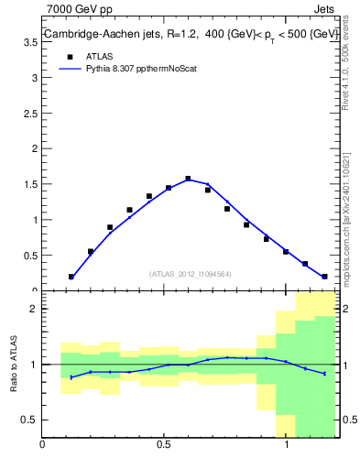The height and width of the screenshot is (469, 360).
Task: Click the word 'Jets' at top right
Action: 325,8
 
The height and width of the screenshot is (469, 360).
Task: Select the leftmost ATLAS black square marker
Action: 71,276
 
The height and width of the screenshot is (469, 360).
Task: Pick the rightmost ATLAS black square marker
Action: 324,276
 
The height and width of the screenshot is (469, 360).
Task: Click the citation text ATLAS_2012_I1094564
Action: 189,274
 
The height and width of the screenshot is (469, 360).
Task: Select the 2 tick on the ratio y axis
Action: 33,309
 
